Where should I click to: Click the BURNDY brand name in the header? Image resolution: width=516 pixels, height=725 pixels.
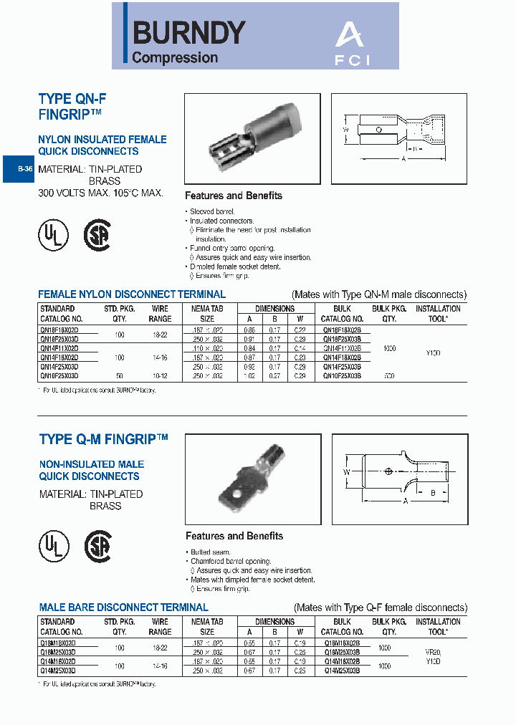click(x=189, y=32)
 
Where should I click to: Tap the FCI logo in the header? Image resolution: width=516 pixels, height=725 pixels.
click(x=352, y=44)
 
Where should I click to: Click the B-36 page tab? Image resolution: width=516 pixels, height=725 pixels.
click(x=24, y=170)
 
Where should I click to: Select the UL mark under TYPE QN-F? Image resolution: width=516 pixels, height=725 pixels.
click(x=53, y=234)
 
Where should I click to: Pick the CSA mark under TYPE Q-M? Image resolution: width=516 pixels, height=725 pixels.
click(x=98, y=547)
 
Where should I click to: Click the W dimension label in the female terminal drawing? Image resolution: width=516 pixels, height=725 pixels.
click(x=345, y=130)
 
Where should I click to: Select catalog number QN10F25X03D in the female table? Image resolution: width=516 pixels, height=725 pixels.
click(x=59, y=375)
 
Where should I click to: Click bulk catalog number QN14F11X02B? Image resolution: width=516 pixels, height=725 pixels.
click(x=342, y=347)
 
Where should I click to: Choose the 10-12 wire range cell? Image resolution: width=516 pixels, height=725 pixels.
click(x=160, y=375)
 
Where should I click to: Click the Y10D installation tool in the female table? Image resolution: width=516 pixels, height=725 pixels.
click(x=433, y=352)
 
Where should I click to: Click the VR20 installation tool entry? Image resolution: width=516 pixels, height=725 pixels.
click(x=433, y=653)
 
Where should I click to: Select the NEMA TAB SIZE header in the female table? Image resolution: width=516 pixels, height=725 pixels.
click(x=207, y=314)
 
